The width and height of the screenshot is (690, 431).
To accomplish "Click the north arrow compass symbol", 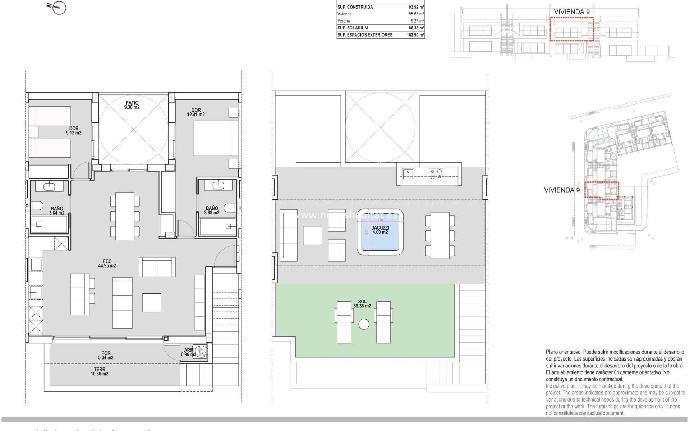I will tap(58, 8).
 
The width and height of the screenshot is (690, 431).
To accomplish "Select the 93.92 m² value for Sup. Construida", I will tap(416, 7).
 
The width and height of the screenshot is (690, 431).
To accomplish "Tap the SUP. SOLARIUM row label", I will tap(353, 28).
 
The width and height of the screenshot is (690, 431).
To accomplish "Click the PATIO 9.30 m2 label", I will tap(132, 105).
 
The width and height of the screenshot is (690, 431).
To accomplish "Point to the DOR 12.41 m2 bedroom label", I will tap(196, 112).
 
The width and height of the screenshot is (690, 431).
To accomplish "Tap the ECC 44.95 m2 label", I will tap(107, 264).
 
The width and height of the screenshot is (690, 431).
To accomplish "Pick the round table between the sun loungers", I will tap(364, 324).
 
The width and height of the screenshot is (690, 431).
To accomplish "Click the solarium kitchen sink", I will tap(408, 174).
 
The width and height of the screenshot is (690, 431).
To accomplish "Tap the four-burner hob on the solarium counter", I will tap(436, 174).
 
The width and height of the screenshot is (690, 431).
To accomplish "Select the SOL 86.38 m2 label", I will tap(362, 304).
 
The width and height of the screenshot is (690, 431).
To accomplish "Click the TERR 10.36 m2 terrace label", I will tap(100, 371).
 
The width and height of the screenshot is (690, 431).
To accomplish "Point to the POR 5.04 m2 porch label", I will tap(106, 355).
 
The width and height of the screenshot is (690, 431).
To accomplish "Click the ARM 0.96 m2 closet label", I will tap(189, 352).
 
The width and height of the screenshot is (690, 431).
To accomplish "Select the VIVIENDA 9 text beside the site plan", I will tap(562, 190).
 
